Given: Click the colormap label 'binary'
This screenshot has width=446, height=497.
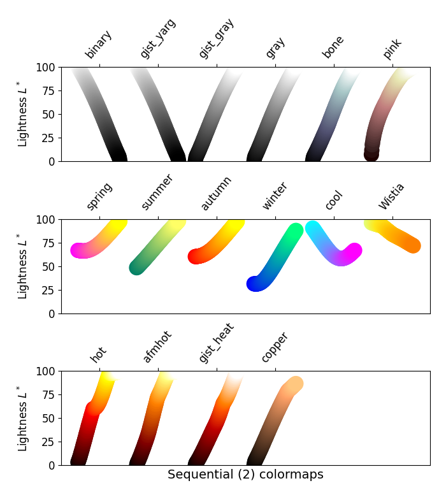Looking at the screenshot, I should pos(98,44).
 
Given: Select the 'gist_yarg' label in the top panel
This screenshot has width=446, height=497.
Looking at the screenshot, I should pos(157,38).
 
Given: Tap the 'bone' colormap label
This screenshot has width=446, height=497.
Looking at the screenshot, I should pos(333,47).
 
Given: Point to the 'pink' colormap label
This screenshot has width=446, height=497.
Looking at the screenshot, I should pos(392,48).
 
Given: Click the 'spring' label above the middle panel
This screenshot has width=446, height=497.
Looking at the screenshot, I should pos(99,196).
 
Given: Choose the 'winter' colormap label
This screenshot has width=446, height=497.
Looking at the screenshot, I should pos(275,196).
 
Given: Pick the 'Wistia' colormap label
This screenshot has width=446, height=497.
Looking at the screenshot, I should pos(392,196).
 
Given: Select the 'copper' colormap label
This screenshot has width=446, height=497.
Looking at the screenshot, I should pos(275,347).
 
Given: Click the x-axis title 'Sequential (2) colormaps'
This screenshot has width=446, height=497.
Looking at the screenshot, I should pos(245,475).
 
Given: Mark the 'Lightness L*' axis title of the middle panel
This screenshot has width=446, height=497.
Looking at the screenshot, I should pos(23,266).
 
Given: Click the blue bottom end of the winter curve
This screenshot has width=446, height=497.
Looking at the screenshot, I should pos(255,284).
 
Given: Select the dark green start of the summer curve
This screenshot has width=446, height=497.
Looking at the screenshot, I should pos(137,268).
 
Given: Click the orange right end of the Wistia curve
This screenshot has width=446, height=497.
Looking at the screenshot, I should pos(413,245).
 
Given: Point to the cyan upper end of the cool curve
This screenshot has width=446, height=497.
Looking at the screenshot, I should pos(313,228).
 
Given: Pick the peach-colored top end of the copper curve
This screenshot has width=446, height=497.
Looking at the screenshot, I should pos(294,384).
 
